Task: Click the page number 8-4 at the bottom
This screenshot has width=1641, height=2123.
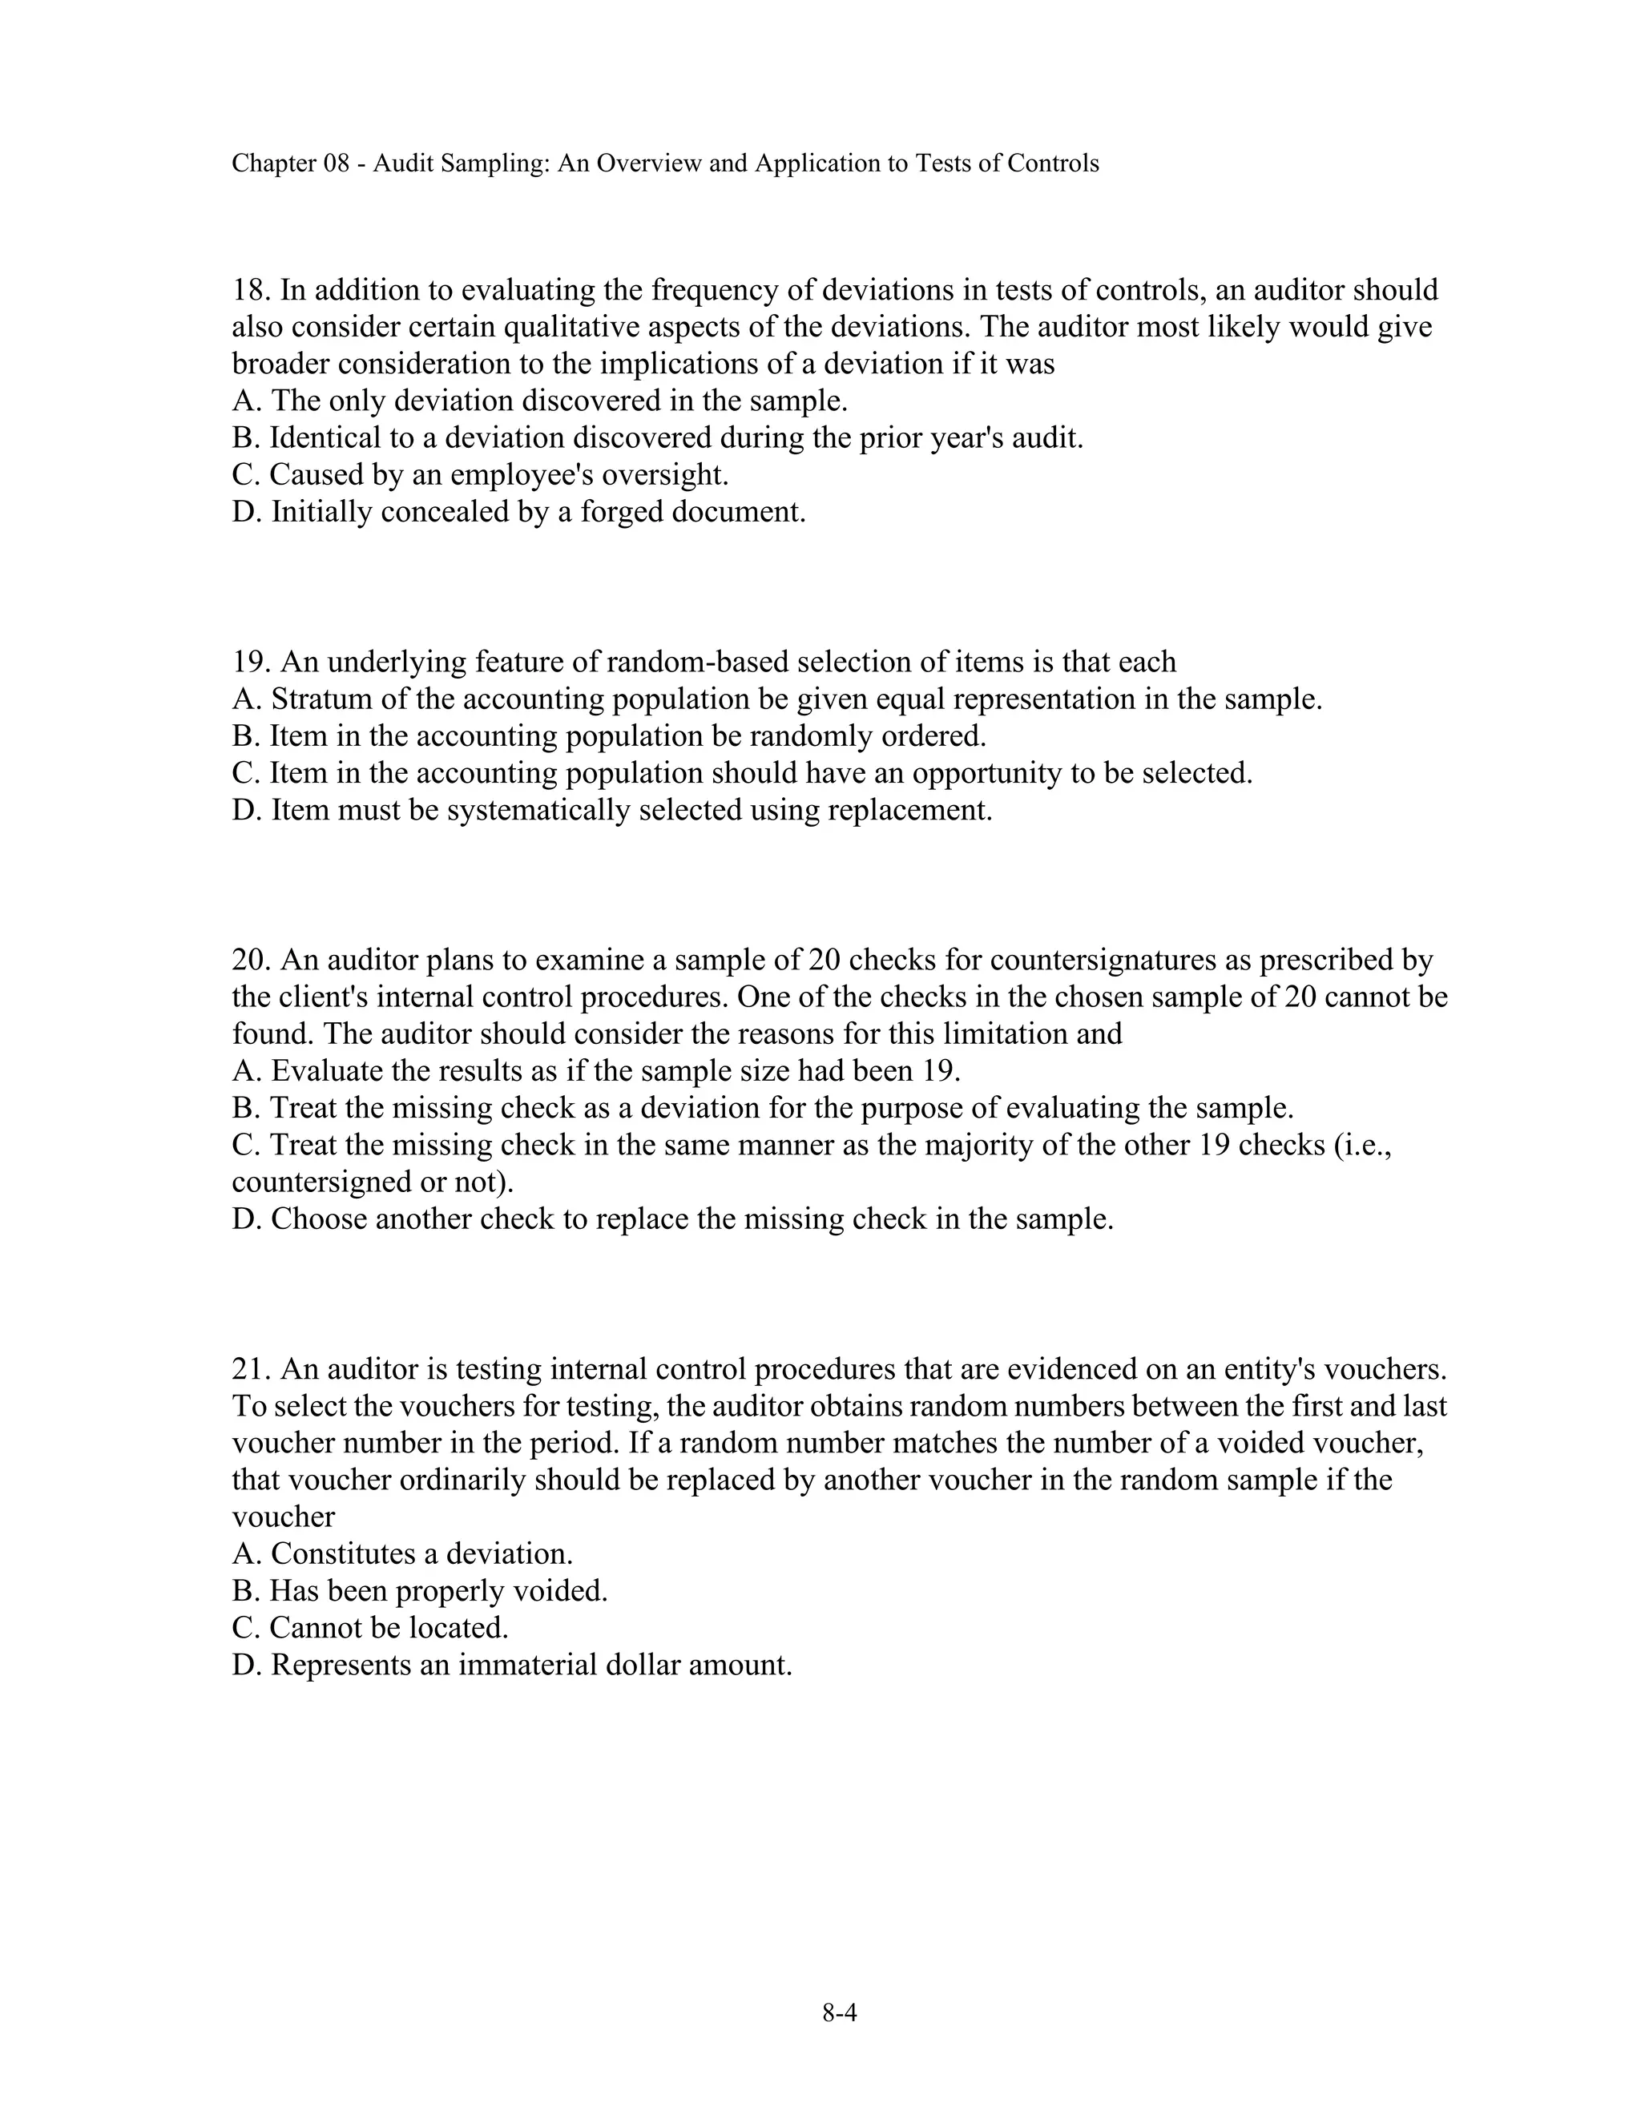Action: pyautogui.click(x=839, y=2012)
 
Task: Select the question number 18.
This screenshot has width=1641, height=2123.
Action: pyautogui.click(x=251, y=290)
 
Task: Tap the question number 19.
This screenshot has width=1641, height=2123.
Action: pyautogui.click(x=251, y=662)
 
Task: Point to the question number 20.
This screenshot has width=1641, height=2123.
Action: pyautogui.click(x=251, y=961)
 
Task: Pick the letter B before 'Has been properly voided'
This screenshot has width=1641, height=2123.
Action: pyautogui.click(x=242, y=1591)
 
